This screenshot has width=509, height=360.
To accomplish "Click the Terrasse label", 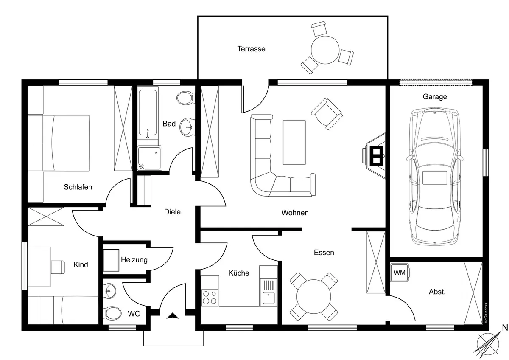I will [x=251, y=49].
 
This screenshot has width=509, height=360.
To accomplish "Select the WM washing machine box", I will [x=399, y=273].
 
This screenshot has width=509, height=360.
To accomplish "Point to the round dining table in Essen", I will [x=314, y=296].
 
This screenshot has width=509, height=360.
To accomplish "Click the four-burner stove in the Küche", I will [x=210, y=296].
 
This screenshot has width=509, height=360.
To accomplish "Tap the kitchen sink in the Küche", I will [x=268, y=297].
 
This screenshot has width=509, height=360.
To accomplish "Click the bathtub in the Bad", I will [x=148, y=112].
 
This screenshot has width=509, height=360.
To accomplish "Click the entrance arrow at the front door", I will [x=173, y=315].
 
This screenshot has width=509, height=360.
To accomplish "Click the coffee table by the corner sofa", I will [x=294, y=142].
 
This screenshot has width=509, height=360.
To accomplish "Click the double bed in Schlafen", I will [x=59, y=143].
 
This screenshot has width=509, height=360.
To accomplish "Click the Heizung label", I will [x=134, y=260].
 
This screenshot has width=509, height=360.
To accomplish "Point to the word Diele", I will [x=172, y=211].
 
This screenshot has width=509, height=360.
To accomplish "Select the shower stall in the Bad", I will [x=149, y=158].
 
